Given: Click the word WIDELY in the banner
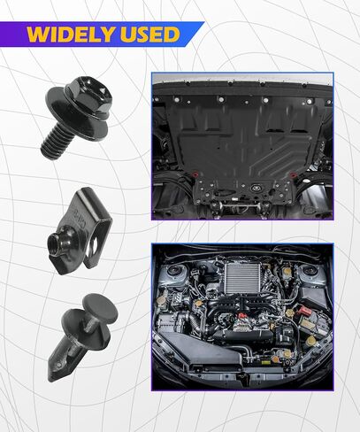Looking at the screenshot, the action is (70, 35).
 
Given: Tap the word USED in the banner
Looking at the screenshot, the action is (149, 35).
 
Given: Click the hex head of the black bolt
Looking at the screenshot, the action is (90, 95).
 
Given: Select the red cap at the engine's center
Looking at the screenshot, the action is (241, 316).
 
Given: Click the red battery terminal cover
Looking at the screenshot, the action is (304, 312).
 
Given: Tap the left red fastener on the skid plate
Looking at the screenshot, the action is (195, 174).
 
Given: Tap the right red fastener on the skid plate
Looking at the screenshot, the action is (292, 175).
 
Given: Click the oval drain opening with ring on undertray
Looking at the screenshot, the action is (255, 187).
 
